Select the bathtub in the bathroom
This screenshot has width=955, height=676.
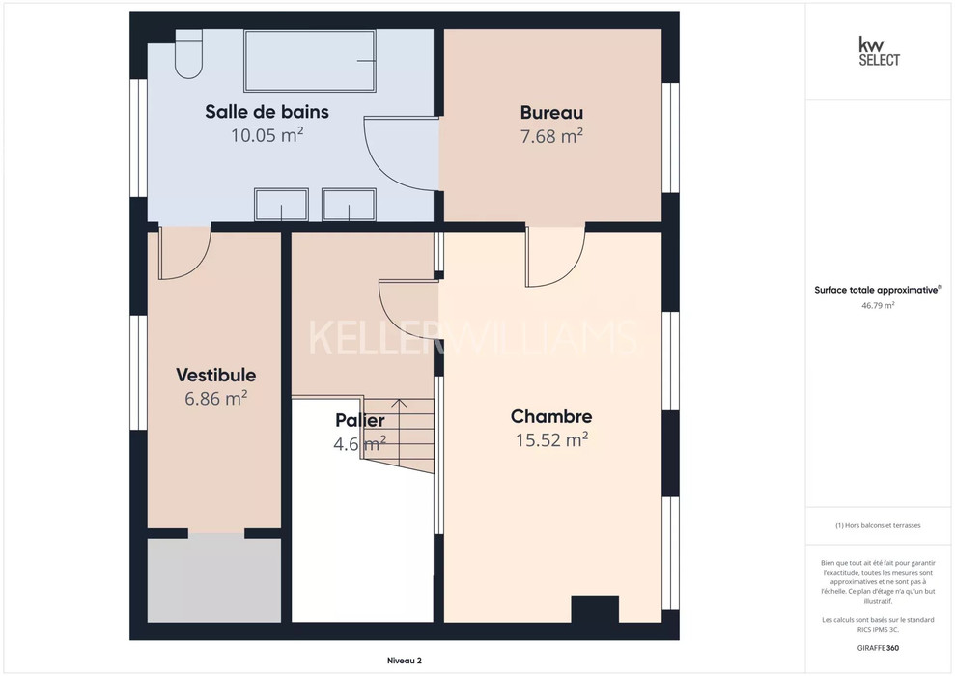point(309,60)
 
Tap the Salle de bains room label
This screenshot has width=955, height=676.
point(267,112)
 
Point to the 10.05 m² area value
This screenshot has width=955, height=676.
point(267,134)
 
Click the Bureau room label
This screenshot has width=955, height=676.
point(551,113)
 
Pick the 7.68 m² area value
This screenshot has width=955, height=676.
point(551,136)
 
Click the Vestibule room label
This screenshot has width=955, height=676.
point(216,375)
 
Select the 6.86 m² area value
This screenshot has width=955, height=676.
point(216,398)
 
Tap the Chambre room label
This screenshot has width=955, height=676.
point(551,416)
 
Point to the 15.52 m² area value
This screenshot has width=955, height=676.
point(551,439)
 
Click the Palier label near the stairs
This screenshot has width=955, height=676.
point(360,420)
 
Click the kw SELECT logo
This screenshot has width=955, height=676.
point(879,51)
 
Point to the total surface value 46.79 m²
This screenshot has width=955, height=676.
point(878,306)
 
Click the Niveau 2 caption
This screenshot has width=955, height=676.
point(405,661)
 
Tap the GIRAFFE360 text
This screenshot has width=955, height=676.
point(878,647)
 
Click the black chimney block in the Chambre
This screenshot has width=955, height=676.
point(595,609)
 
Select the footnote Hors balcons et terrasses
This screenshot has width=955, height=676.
point(878,525)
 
